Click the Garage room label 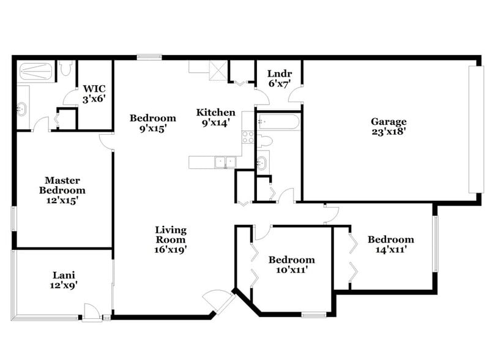click(x=389, y=121)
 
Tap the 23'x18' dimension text click(x=389, y=131)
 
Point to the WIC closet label click(x=94, y=88)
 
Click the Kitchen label click(x=215, y=113)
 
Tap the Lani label click(x=63, y=276)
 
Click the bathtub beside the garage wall click(x=278, y=122)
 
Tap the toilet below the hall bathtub click(x=264, y=141)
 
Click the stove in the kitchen click(x=248, y=137)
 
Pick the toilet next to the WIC click(x=65, y=69)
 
